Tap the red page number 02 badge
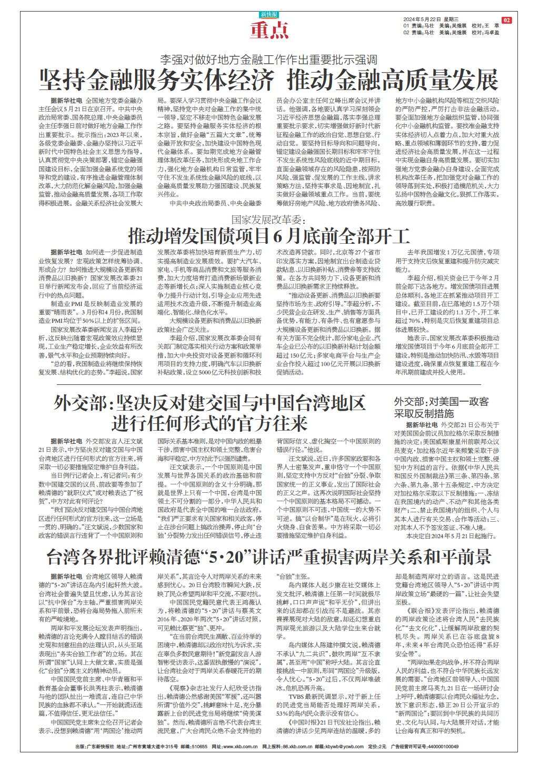tap(506, 20)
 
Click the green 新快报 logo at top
tap(269, 15)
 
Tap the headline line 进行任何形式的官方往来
tap(209, 423)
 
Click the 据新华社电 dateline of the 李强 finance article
tap(66, 100)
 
